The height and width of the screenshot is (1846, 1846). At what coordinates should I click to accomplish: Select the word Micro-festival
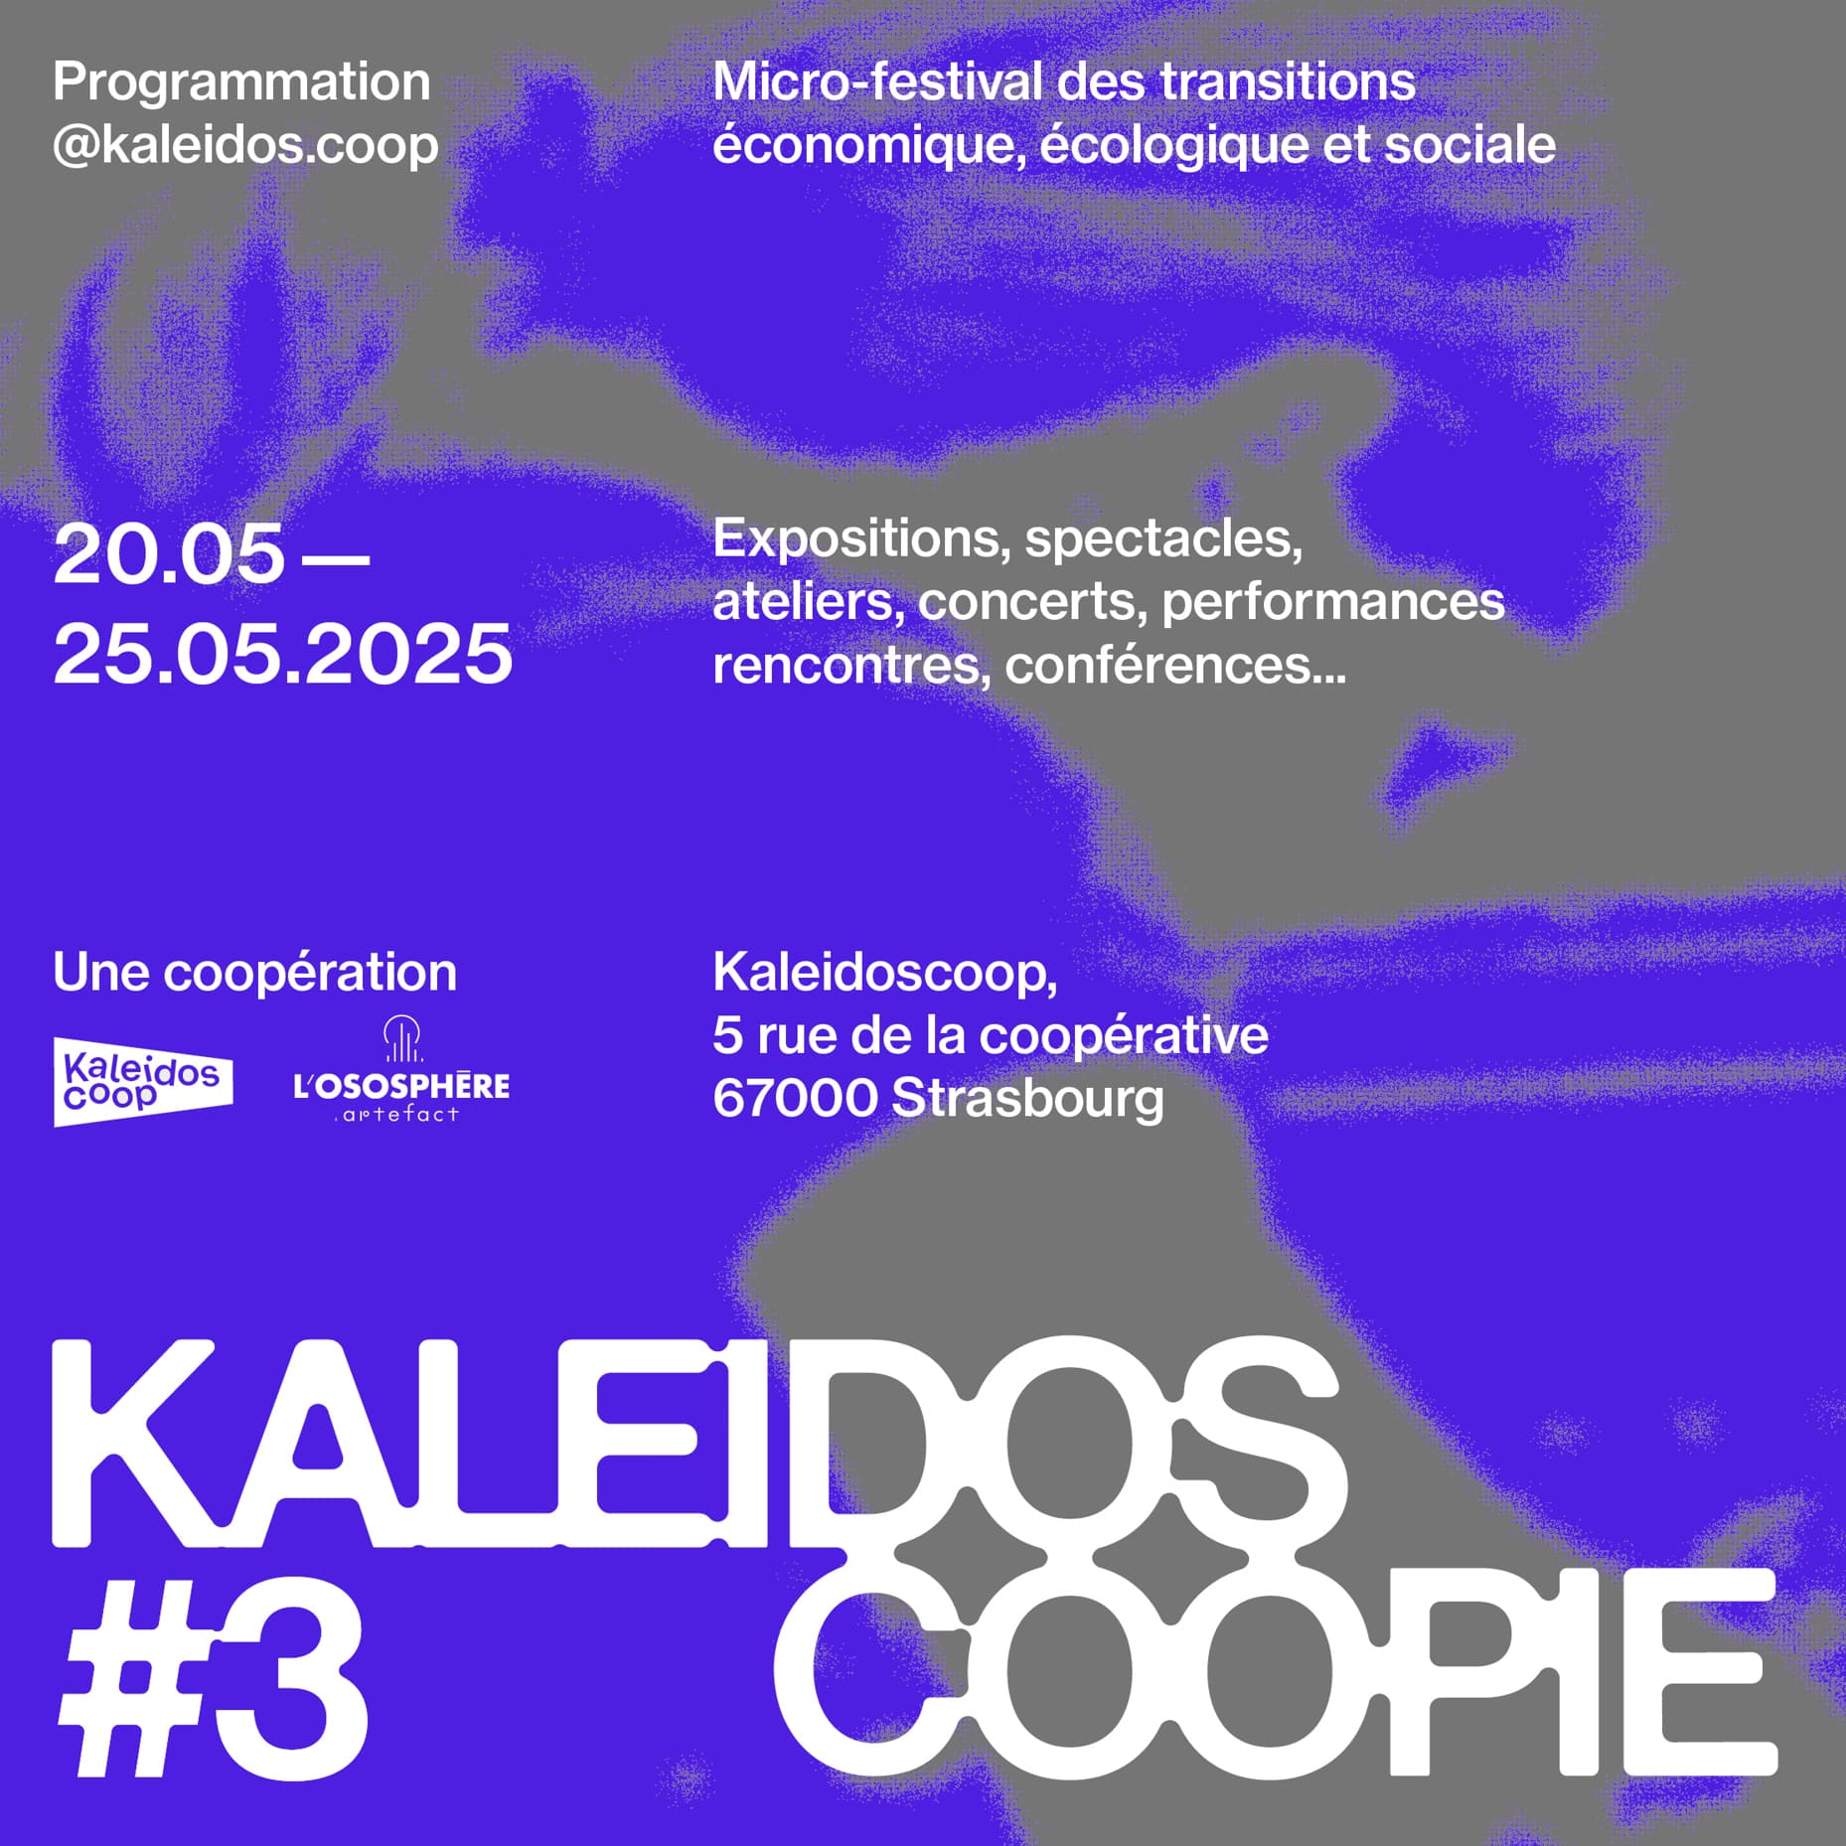(x=877, y=81)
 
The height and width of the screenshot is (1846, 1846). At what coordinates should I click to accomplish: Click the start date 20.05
(x=169, y=553)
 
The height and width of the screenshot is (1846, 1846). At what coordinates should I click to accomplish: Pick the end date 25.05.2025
(x=283, y=654)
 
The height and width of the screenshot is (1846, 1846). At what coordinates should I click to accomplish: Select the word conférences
(x=1175, y=664)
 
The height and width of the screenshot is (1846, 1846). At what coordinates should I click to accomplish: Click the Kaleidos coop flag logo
(x=143, y=1082)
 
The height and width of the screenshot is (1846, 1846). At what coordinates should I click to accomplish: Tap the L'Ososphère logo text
(x=401, y=1086)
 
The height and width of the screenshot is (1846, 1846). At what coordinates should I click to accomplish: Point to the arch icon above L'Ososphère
(x=402, y=1038)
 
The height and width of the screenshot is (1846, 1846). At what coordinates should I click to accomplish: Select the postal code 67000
(x=795, y=1099)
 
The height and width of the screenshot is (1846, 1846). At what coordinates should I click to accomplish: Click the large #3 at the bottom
(x=213, y=1678)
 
